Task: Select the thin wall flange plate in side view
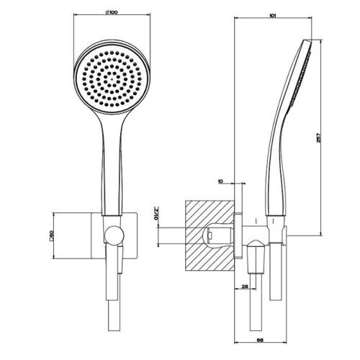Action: tap(238, 234)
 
